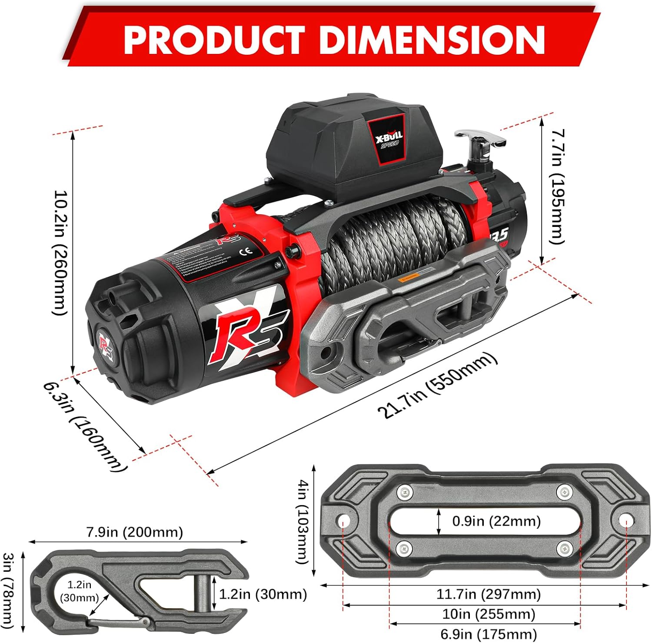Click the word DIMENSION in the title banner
[x=432, y=40]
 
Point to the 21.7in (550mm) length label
[x=437, y=385]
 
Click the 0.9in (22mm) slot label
[x=496, y=521]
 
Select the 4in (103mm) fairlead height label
[x=303, y=521]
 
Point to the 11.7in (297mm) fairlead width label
[x=488, y=594]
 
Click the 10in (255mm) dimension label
[x=488, y=614]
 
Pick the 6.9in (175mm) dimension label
[x=488, y=634]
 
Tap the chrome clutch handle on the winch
[x=480, y=140]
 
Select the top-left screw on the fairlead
[x=405, y=492]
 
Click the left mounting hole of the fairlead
[x=343, y=520]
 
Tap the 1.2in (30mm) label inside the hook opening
[x=79, y=591]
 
